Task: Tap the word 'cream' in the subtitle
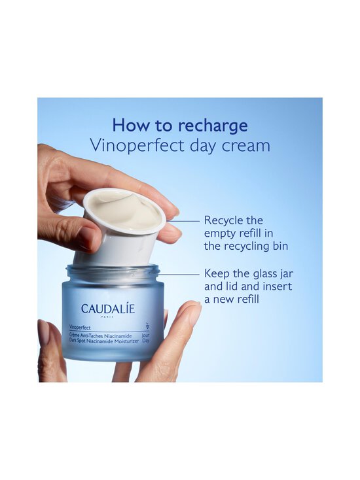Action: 246,145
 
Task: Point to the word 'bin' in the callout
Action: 278,246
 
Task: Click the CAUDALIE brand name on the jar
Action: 108,308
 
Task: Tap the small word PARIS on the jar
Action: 108,317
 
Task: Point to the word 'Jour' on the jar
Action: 145,334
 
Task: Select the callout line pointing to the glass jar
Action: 180,274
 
